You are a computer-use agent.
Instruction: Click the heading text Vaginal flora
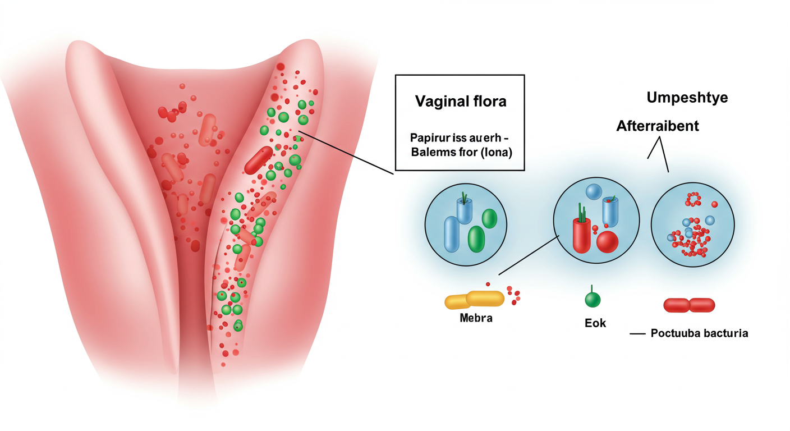click(460, 102)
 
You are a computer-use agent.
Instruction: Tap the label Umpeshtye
click(687, 98)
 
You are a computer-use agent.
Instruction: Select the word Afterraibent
click(658, 126)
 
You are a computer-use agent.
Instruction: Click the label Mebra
click(475, 318)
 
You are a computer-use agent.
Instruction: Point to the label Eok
click(595, 323)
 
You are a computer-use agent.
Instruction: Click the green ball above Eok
click(592, 300)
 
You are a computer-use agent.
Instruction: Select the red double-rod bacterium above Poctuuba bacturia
click(689, 305)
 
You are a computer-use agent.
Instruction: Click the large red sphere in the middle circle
click(607, 242)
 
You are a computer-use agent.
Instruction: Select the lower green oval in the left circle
click(476, 239)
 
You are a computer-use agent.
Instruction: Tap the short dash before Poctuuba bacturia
click(638, 333)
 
